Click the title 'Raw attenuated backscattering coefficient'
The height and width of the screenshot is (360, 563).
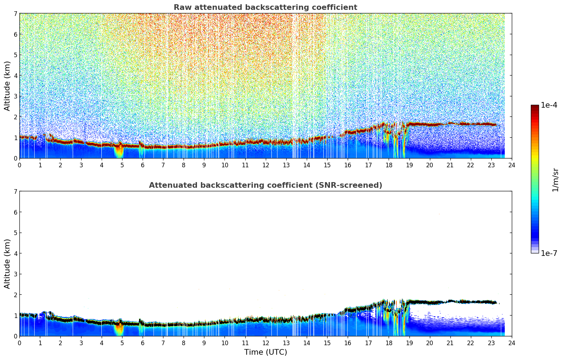pyautogui.click(x=265, y=7)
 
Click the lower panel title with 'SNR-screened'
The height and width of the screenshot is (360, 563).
pyautogui.click(x=265, y=185)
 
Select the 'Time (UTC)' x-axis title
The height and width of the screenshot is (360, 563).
pyautogui.click(x=265, y=352)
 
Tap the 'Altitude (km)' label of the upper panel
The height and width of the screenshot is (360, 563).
pyautogui.click(x=7, y=86)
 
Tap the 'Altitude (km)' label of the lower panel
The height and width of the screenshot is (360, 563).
pyautogui.click(x=7, y=264)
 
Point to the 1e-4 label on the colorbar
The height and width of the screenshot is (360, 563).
pyautogui.click(x=549, y=105)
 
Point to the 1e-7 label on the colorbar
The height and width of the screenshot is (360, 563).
pyautogui.click(x=549, y=253)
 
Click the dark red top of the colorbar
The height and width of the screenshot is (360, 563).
pyautogui.click(x=535, y=107)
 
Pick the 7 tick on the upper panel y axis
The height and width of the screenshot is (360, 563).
pyautogui.click(x=16, y=14)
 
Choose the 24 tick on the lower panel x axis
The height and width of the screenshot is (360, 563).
pyautogui.click(x=511, y=343)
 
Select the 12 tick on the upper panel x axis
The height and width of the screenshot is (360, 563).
pyautogui.click(x=265, y=165)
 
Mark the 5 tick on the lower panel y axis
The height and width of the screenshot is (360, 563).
pyautogui.click(x=16, y=233)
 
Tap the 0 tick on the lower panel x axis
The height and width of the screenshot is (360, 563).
pyautogui.click(x=19, y=343)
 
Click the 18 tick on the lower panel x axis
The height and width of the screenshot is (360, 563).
pyautogui.click(x=388, y=343)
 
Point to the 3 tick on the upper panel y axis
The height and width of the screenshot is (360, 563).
pyautogui.click(x=16, y=96)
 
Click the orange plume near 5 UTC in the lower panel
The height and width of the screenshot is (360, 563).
pyautogui.click(x=119, y=328)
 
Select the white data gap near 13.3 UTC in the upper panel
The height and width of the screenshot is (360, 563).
pyautogui.click(x=295, y=88)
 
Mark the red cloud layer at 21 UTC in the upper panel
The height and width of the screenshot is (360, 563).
pyautogui.click(x=450, y=124)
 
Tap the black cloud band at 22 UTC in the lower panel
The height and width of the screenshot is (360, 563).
pyautogui.click(x=471, y=302)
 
